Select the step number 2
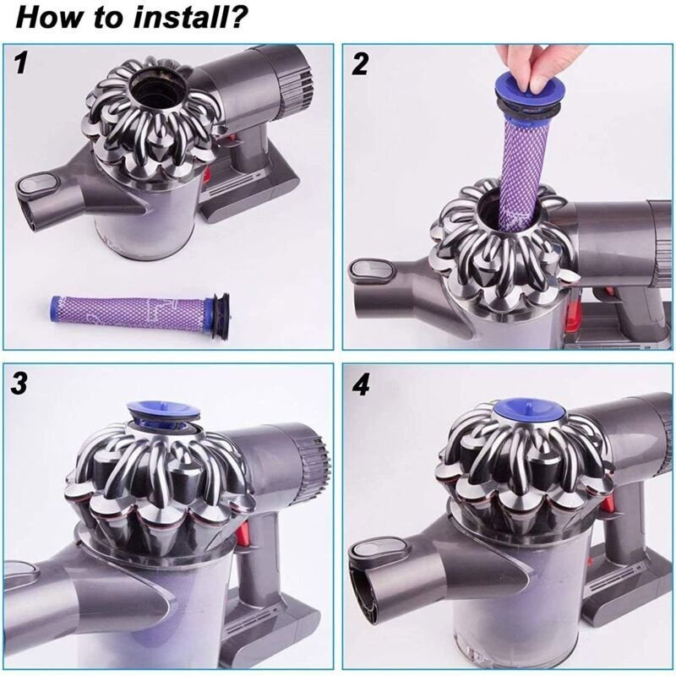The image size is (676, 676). (x=361, y=64)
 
